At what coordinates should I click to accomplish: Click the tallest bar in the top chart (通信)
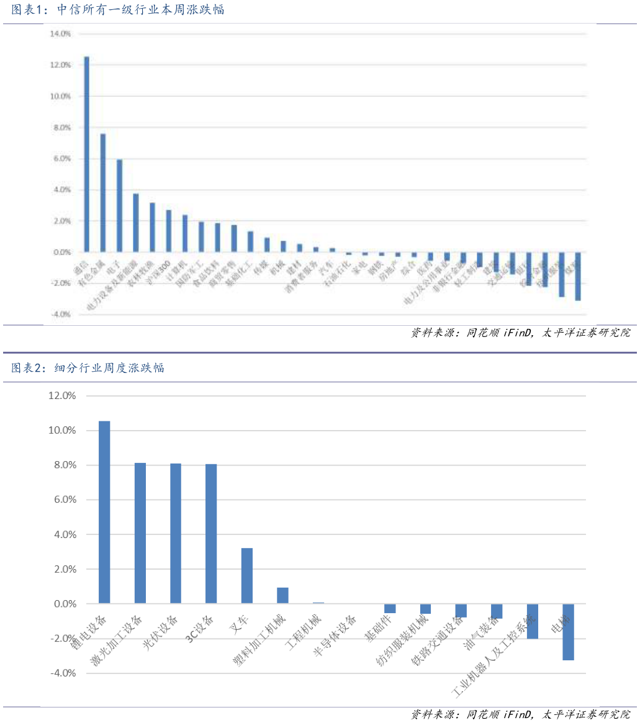coord(87,155)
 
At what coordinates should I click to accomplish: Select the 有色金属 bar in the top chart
coord(103,193)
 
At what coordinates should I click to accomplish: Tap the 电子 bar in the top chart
coord(119,206)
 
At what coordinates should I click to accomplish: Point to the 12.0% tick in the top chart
coord(60,65)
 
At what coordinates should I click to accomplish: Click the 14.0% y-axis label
coord(60,34)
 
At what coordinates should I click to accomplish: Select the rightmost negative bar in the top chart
coord(578,276)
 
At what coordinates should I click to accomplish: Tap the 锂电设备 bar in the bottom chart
coord(104,512)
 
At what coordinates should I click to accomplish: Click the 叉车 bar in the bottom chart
coord(247,575)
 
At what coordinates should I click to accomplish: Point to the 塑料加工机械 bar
coord(282,595)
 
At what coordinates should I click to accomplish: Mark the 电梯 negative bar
coord(568,632)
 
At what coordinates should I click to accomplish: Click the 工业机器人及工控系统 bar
coord(533,621)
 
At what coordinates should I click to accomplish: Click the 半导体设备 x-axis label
coord(335,635)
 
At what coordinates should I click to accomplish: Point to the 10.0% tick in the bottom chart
coord(61,431)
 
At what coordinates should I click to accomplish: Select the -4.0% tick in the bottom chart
coord(61,673)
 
